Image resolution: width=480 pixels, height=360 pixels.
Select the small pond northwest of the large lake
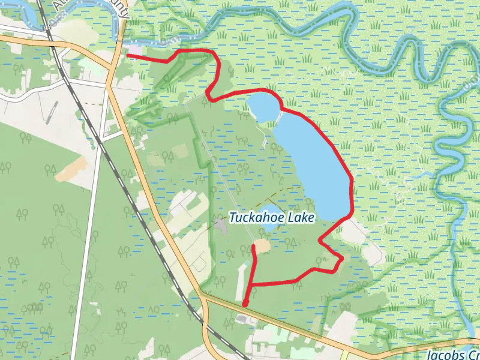[262, 106]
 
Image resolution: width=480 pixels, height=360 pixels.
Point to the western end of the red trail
[128, 55]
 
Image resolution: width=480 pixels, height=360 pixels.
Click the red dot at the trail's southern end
[245, 302]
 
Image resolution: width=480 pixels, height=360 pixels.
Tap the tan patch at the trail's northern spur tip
[262, 246]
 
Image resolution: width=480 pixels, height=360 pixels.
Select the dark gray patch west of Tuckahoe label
[220, 226]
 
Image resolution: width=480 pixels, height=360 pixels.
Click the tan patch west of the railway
[70, 169]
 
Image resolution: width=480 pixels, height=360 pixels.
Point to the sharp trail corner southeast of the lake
[342, 259]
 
